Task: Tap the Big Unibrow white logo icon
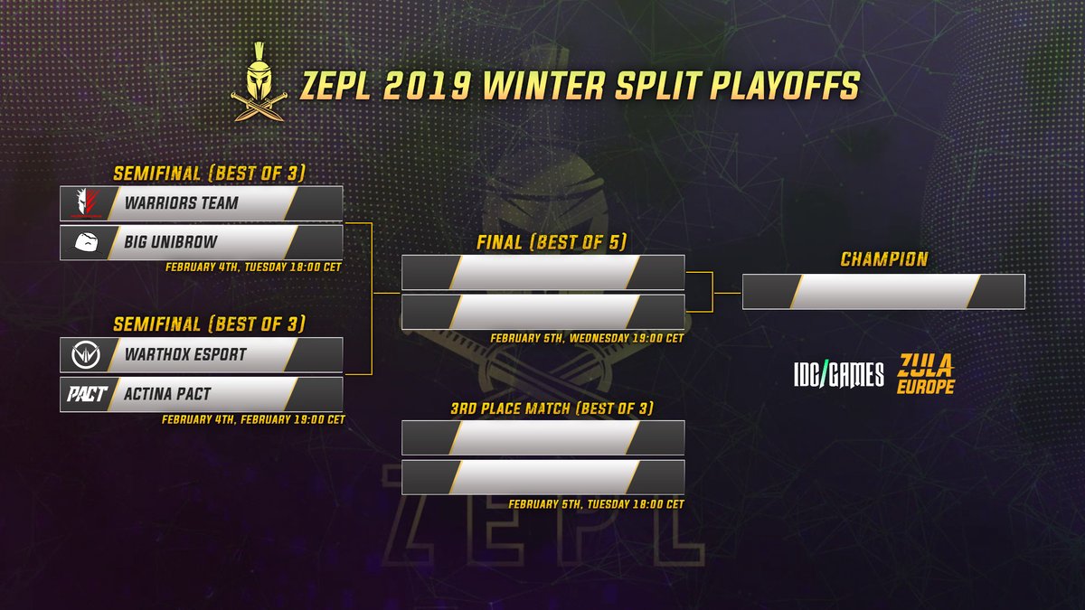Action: point(84,242)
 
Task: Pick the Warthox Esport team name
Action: point(186,354)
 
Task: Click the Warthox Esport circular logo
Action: point(84,354)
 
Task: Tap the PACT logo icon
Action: point(84,394)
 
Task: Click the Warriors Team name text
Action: point(182,203)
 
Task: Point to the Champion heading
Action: point(883,259)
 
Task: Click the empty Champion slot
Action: point(883,292)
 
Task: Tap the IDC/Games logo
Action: point(837,374)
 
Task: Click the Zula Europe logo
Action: point(926,373)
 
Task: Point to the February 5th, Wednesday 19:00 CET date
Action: point(587,338)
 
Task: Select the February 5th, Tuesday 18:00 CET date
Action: point(596,504)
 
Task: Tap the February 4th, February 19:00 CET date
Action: point(252,419)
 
